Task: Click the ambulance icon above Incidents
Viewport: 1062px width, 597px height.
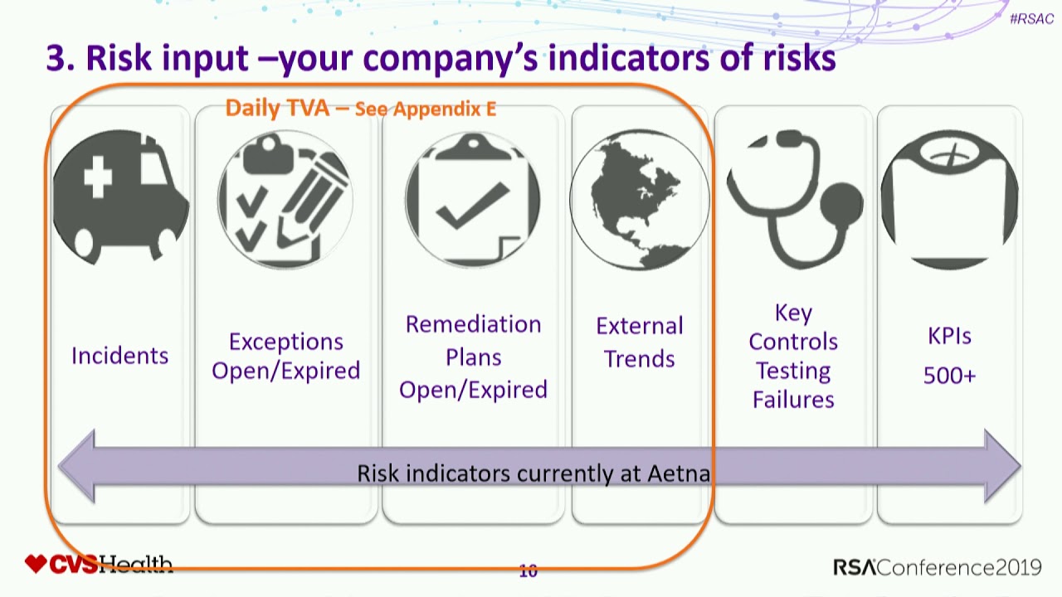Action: point(119,197)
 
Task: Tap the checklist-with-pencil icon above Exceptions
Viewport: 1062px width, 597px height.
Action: point(285,199)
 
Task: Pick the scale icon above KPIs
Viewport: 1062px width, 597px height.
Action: point(949,199)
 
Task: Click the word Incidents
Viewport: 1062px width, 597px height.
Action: point(119,356)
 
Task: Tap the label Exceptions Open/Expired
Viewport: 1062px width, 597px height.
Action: point(285,356)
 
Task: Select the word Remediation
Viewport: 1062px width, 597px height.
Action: point(473,324)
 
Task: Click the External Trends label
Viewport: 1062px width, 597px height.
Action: point(639,342)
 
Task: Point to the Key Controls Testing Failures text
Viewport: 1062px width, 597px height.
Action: point(793,356)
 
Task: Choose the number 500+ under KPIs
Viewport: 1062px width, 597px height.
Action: point(949,376)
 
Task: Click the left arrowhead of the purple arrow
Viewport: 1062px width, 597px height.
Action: point(77,466)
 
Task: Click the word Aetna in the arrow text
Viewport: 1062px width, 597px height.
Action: point(678,473)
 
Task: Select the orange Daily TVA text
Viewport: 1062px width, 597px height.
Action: point(277,108)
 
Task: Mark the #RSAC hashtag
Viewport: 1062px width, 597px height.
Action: point(1031,19)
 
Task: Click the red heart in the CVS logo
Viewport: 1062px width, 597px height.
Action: point(35,565)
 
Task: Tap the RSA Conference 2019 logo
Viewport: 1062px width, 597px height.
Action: point(937,567)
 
